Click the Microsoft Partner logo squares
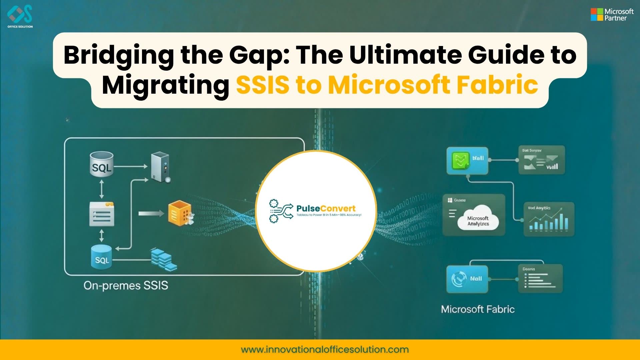pyautogui.click(x=597, y=14)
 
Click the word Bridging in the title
pyautogui.click(x=119, y=55)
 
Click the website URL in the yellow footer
pyautogui.click(x=325, y=349)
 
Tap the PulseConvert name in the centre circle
pyautogui.click(x=326, y=208)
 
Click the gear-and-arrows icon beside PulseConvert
pyautogui.click(x=280, y=211)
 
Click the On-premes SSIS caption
pyautogui.click(x=126, y=285)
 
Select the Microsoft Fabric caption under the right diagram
pyautogui.click(x=478, y=309)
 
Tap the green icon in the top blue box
pyautogui.click(x=460, y=160)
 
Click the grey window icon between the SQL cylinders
pyautogui.click(x=102, y=214)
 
